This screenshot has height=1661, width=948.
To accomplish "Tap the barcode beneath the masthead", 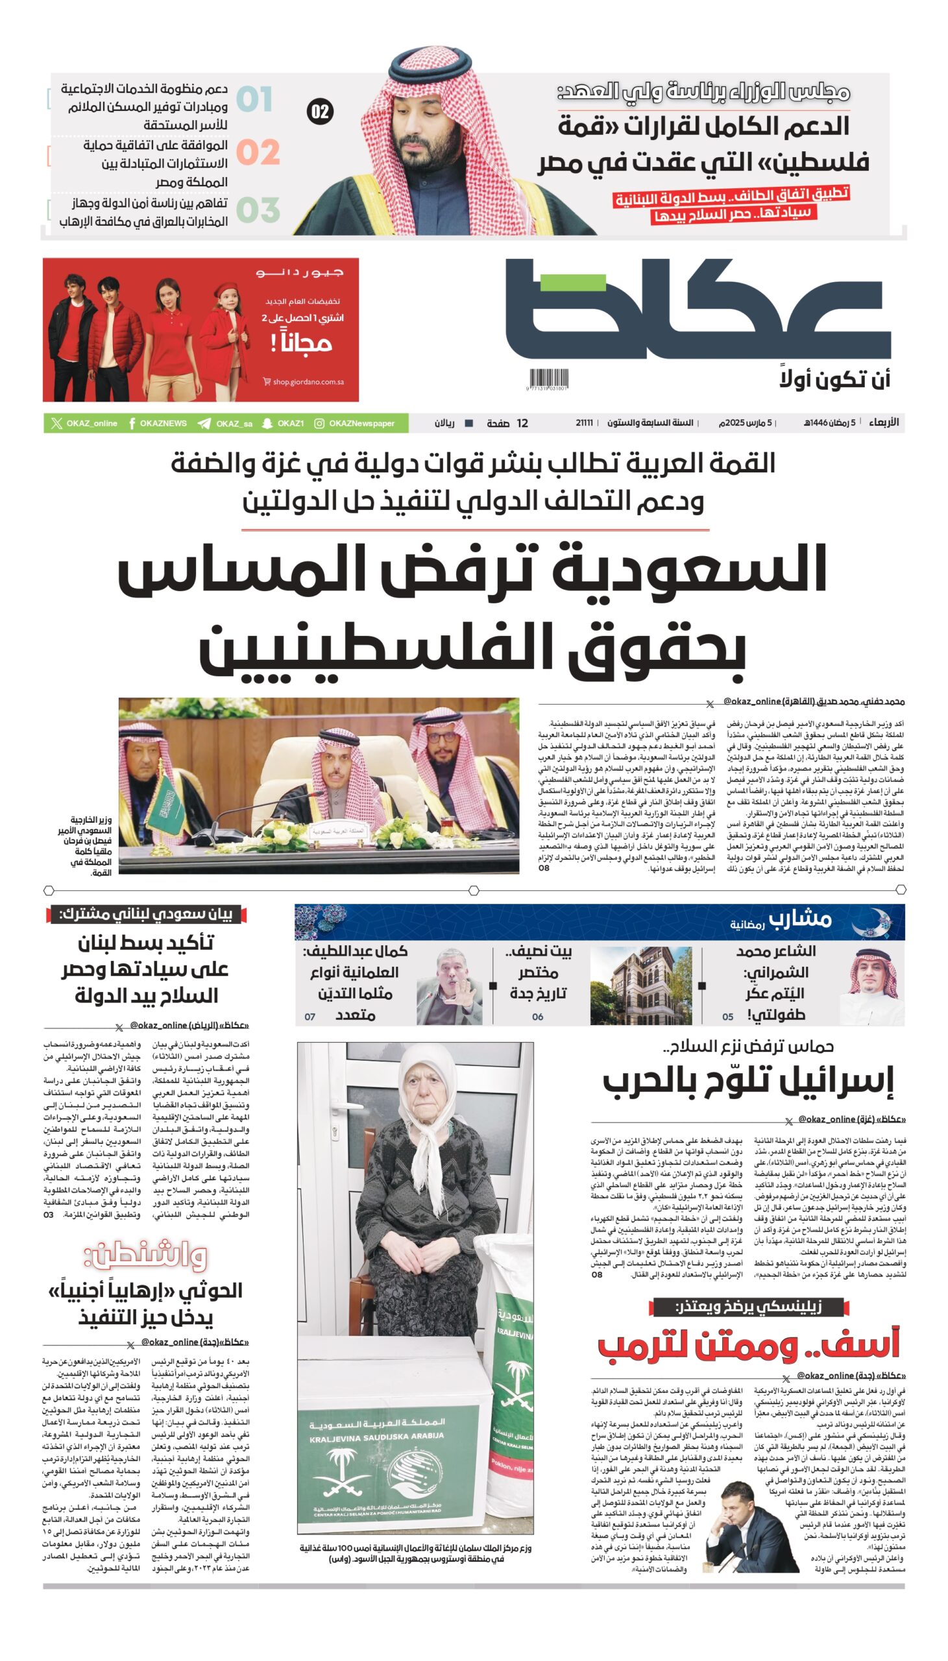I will tap(548, 379).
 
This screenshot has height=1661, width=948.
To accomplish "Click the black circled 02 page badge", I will tap(320, 112).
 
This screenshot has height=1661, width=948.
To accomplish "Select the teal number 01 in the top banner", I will tap(254, 99).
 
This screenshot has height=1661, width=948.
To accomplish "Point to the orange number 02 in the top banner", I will tap(258, 153).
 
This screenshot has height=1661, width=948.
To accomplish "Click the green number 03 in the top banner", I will tap(258, 210).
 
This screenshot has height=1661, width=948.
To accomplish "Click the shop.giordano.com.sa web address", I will tap(308, 382).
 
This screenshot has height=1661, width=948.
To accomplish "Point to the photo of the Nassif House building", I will tap(640, 986).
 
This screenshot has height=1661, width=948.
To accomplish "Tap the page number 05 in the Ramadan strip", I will tap(728, 1017).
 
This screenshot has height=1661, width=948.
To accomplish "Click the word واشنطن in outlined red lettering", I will tap(146, 1255).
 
